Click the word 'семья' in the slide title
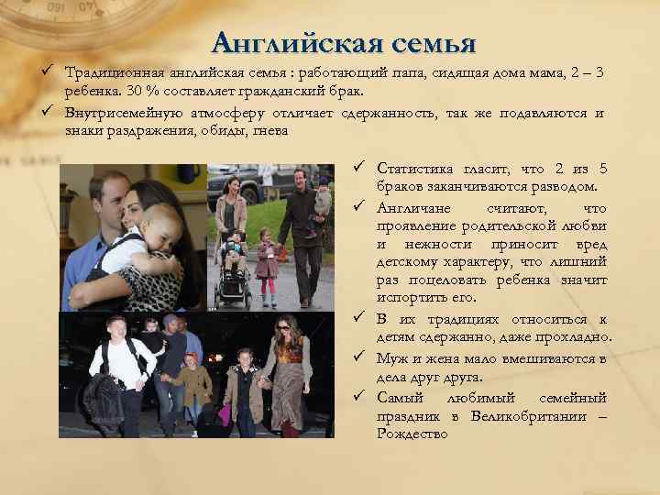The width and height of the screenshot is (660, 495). [434, 42]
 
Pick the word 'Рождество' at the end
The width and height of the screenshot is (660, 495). [412, 434]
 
